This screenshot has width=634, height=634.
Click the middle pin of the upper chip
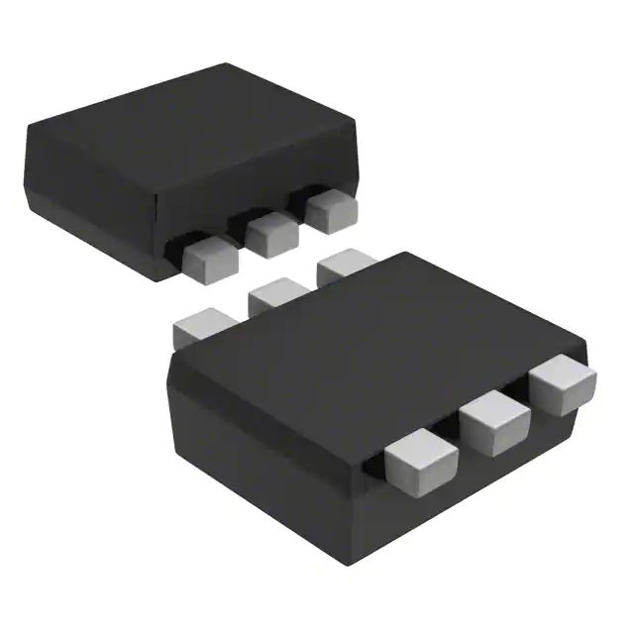pos(271,234)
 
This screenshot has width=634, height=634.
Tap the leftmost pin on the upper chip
pos(210,256)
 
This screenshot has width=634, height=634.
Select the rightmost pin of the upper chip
pos(330,211)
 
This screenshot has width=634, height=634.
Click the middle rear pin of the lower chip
pos(277,294)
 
